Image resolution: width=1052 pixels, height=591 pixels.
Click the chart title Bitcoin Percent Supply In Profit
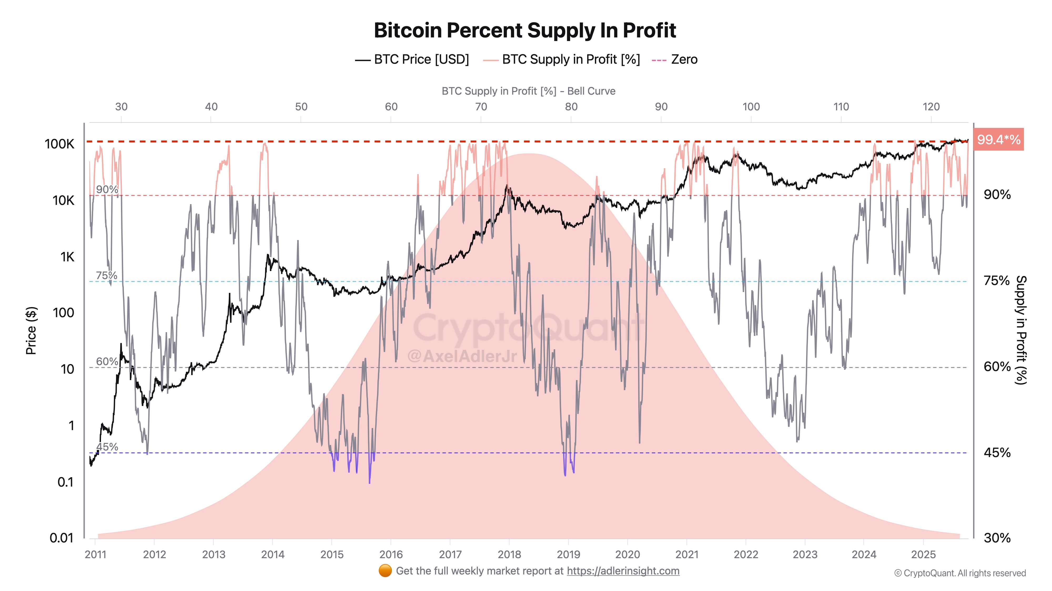click(x=525, y=30)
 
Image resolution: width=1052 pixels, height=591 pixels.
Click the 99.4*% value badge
click(x=998, y=140)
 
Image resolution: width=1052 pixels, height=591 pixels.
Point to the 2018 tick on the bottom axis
click(x=509, y=554)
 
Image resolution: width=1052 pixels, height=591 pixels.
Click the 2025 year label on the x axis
click(x=923, y=554)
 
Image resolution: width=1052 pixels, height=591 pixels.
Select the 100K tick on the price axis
click(x=60, y=144)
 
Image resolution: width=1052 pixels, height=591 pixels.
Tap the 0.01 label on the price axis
click(x=61, y=538)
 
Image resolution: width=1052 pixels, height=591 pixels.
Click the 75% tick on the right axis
click(x=997, y=281)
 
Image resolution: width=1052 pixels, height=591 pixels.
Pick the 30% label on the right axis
click(x=997, y=538)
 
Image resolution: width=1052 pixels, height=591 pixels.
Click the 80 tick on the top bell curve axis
click(x=571, y=107)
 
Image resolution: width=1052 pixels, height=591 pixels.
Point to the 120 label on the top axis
click(x=931, y=107)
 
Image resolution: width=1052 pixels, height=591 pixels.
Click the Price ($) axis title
click(x=31, y=330)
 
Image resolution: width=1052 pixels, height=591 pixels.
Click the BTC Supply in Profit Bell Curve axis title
click(x=528, y=91)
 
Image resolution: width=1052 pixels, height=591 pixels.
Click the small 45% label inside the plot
click(x=107, y=447)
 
